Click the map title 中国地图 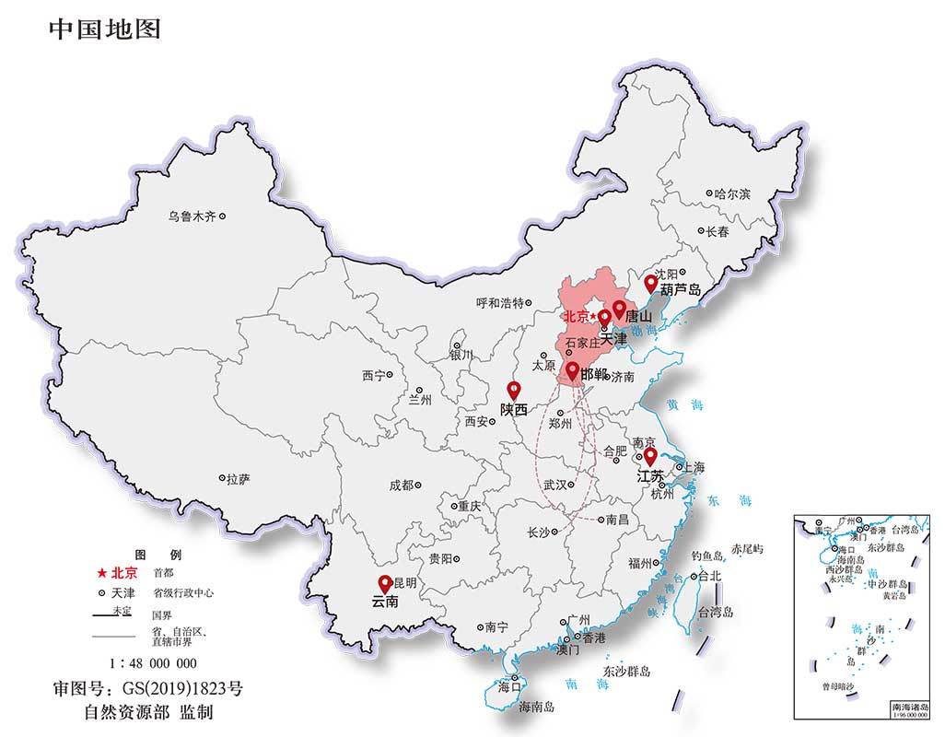[x=104, y=29]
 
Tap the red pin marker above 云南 [x=385, y=583]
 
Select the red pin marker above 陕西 [x=514, y=390]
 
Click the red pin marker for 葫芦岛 [x=650, y=282]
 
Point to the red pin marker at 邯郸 [x=572, y=370]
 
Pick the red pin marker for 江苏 [x=649, y=456]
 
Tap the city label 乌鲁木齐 [x=192, y=216]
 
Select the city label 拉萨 [x=238, y=479]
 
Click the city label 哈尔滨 [x=733, y=194]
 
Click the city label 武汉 [x=555, y=484]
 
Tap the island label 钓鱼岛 [x=708, y=556]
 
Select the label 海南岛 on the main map [x=536, y=707]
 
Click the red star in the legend [x=103, y=572]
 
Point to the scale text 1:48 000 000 [x=153, y=662]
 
